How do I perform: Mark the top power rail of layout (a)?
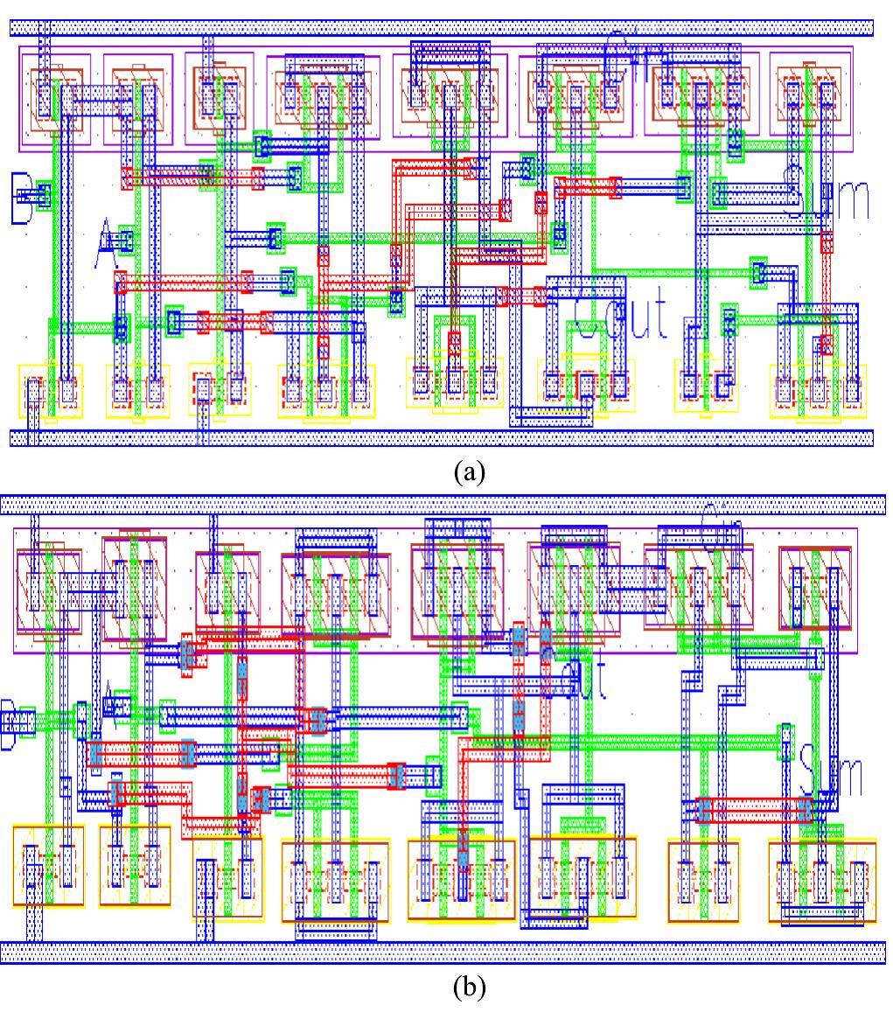tap(442, 27)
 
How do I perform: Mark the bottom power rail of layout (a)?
tap(442, 437)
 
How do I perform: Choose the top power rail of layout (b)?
tap(442, 505)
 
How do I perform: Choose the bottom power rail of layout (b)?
tap(442, 952)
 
